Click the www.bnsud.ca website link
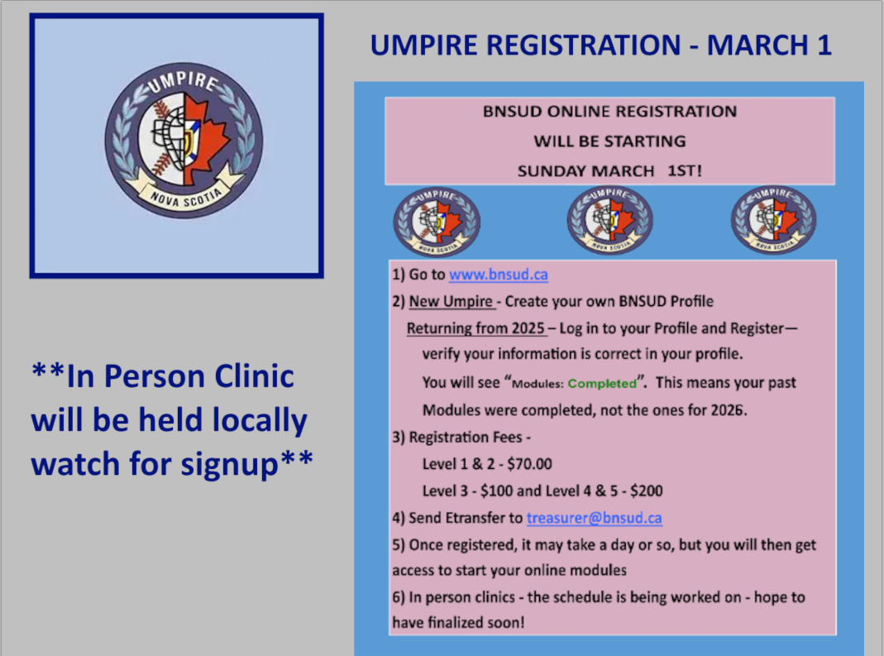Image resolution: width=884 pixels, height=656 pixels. click(x=499, y=275)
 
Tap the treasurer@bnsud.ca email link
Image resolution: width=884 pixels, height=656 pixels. click(x=595, y=518)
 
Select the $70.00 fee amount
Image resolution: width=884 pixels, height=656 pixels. click(x=529, y=463)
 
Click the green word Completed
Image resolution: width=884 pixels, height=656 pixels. click(x=602, y=384)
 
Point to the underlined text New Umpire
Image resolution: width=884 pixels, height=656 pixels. click(x=451, y=301)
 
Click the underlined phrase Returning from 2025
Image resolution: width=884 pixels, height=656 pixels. click(x=475, y=328)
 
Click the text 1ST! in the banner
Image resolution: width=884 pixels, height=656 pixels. click(x=685, y=170)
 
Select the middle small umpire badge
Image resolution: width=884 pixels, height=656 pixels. click(x=610, y=220)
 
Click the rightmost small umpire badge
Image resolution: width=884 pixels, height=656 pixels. click(x=773, y=220)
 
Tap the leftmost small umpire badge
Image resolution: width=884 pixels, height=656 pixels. click(x=437, y=222)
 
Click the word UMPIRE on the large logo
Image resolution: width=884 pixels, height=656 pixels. click(x=183, y=81)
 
